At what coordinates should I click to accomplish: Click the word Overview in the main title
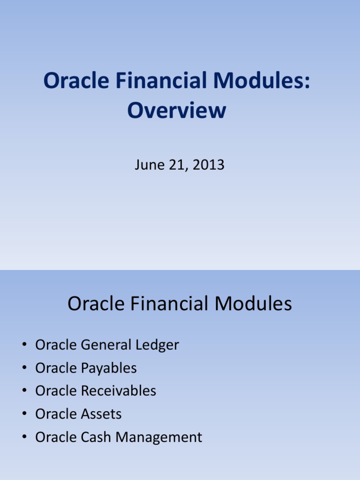(x=177, y=111)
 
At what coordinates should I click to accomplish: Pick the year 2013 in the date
(x=209, y=165)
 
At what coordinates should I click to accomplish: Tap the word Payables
(x=109, y=368)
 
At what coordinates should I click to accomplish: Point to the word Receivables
(x=119, y=391)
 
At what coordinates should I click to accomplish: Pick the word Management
(x=159, y=438)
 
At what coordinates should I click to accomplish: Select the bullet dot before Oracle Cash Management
(x=24, y=438)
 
